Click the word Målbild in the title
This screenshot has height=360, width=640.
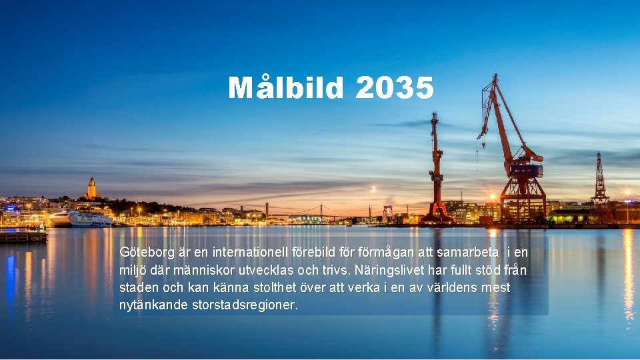point(287,88)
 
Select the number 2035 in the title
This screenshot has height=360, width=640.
point(395,88)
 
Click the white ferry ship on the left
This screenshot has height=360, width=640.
point(83,219)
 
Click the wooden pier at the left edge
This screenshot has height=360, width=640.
point(23,237)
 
